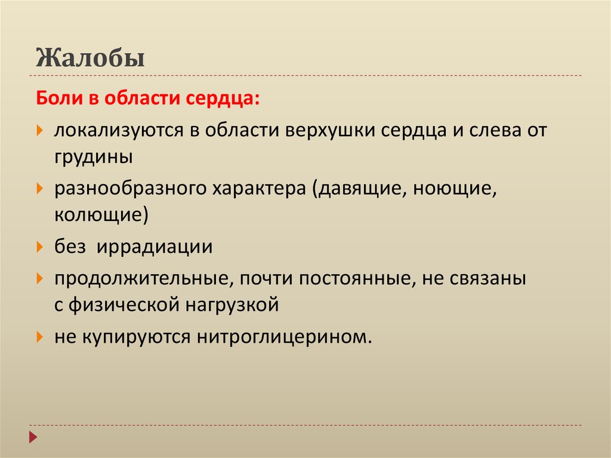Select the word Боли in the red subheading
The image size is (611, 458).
point(58,99)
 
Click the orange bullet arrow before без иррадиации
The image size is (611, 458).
point(39,246)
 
